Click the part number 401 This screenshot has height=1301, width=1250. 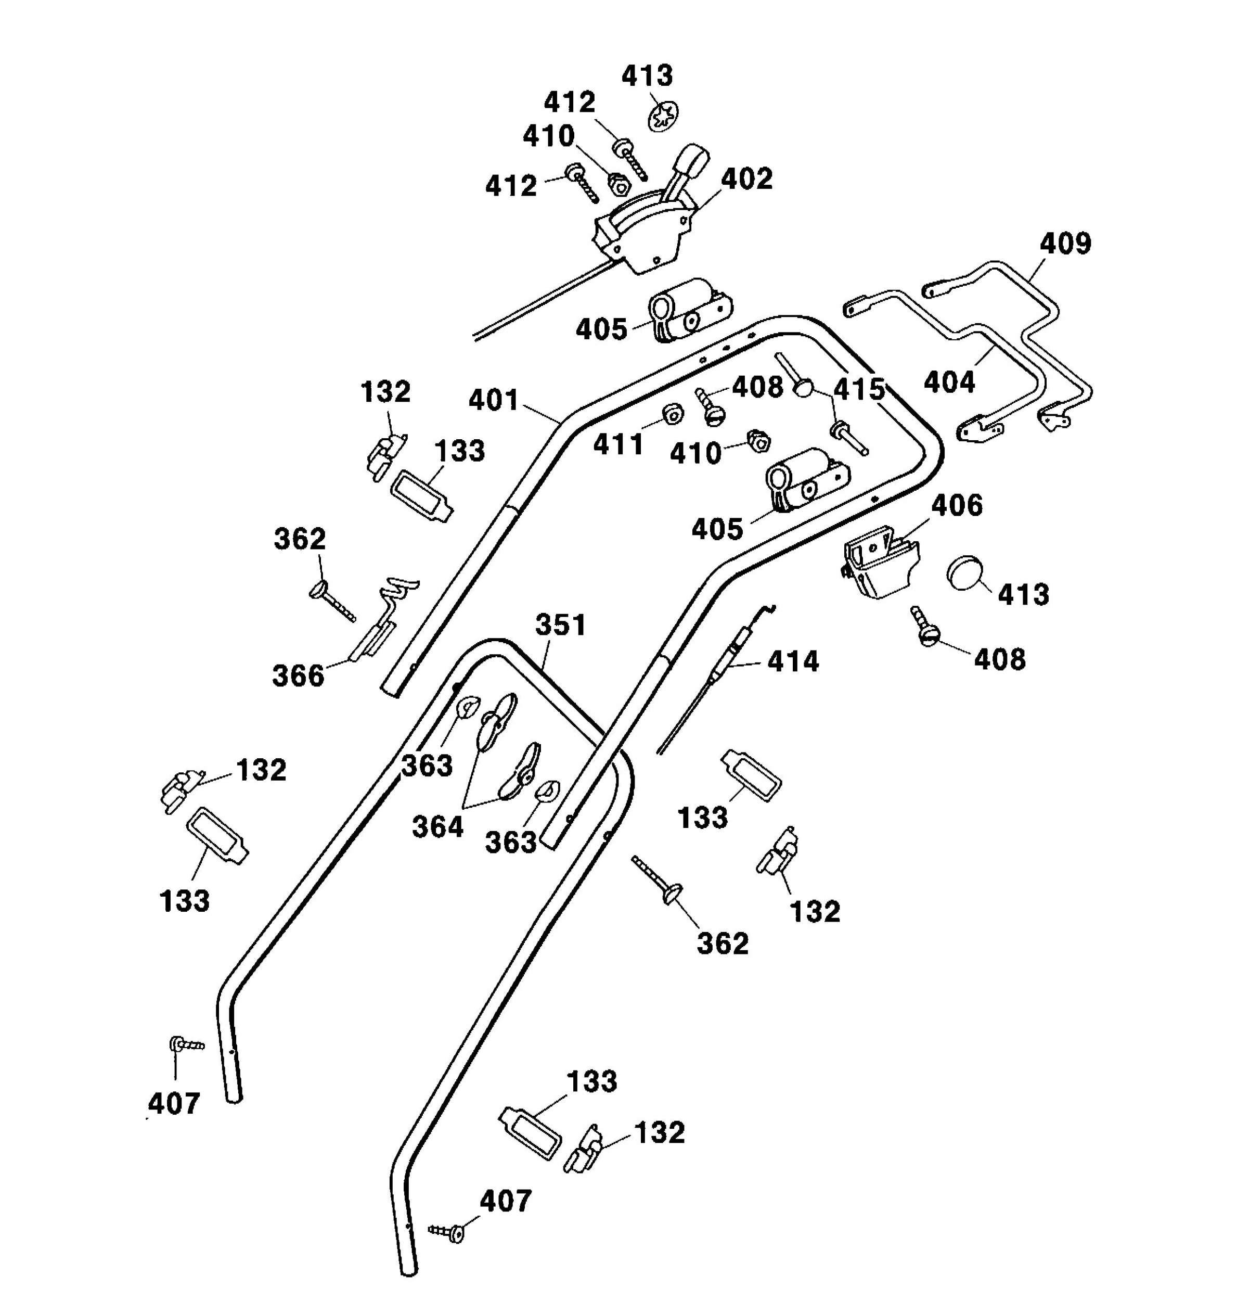(494, 400)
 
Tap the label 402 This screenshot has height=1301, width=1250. (747, 178)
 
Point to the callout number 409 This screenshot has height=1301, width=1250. (1065, 243)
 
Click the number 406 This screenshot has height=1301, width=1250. (957, 505)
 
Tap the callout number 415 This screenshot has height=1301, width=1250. (859, 390)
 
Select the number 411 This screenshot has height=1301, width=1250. (618, 444)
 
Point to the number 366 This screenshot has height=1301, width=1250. (299, 675)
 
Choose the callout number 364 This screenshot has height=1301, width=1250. (438, 827)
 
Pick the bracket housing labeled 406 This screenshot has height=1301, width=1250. (880, 561)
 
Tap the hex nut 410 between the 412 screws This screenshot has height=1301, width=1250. (618, 184)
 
